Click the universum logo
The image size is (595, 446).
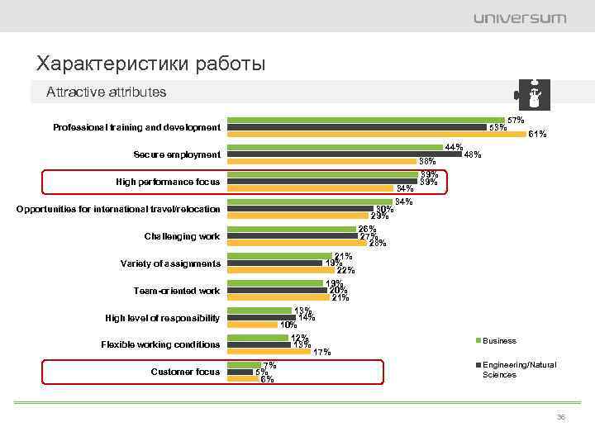pyautogui.click(x=520, y=17)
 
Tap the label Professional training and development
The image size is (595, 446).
pyautogui.click(x=136, y=127)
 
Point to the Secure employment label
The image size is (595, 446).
pyautogui.click(x=177, y=154)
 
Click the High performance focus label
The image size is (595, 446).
pyautogui.click(x=168, y=181)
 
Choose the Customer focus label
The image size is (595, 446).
pyautogui.click(x=185, y=372)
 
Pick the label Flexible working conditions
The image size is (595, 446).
pyautogui.click(x=160, y=344)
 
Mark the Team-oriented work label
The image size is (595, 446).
pyautogui.click(x=177, y=291)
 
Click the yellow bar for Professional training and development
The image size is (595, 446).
pyautogui.click(x=377, y=134)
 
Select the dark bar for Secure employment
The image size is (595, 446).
pyautogui.click(x=344, y=154)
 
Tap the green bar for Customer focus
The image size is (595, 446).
pyautogui.click(x=244, y=365)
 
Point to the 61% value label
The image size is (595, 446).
pyautogui.click(x=537, y=134)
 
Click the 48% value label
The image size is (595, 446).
pyautogui.click(x=473, y=154)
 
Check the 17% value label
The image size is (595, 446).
pyautogui.click(x=321, y=352)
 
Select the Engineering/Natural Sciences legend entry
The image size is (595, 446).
pyautogui.click(x=519, y=369)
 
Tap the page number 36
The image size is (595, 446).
pyautogui.click(x=561, y=417)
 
